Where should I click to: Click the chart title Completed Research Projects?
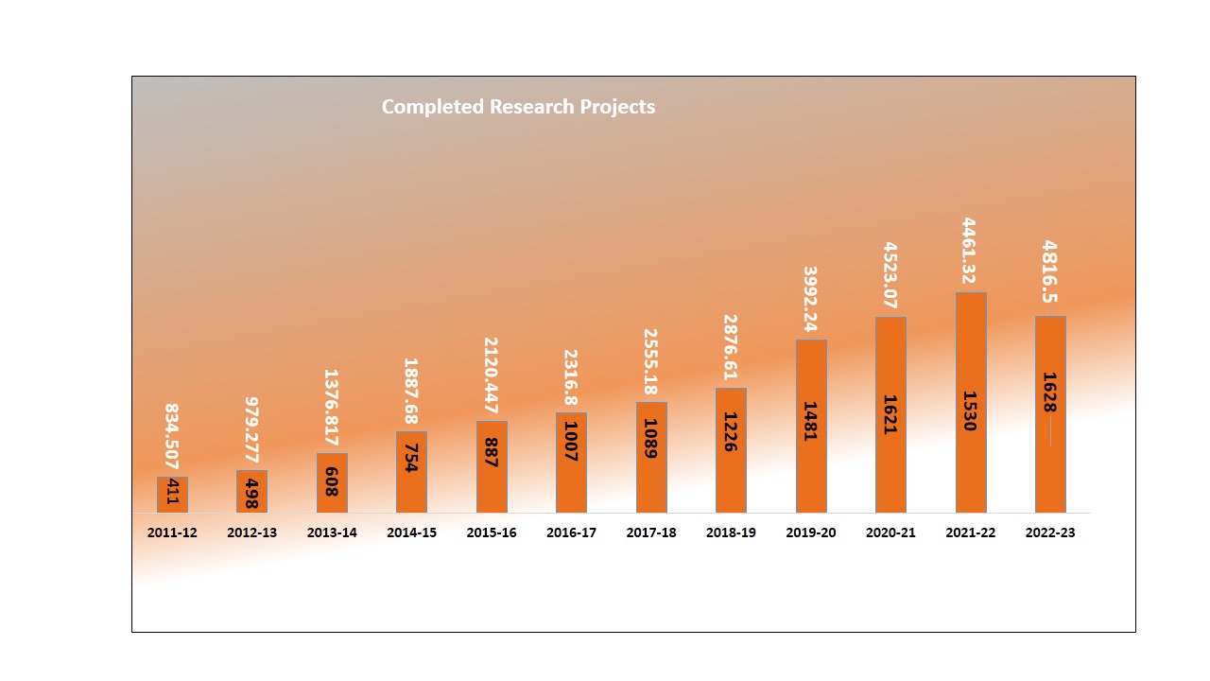pyautogui.click(x=518, y=107)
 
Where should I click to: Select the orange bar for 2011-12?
pyautogui.click(x=172, y=495)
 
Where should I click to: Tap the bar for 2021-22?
pyautogui.click(x=971, y=402)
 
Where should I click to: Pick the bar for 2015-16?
pyautogui.click(x=492, y=466)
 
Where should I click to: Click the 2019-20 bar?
pyautogui.click(x=811, y=426)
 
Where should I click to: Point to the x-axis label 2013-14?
pyautogui.click(x=332, y=533)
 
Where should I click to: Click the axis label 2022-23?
pyautogui.click(x=1050, y=533)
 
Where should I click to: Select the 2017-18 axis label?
pyautogui.click(x=651, y=533)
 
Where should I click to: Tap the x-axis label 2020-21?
pyautogui.click(x=890, y=533)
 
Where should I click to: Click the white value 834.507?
pyautogui.click(x=172, y=437)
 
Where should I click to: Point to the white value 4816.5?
pyautogui.click(x=1050, y=272)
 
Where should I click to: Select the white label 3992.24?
pyautogui.click(x=811, y=299)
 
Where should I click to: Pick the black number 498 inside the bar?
pyautogui.click(x=251, y=492)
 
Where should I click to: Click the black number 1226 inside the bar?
pyautogui.click(x=731, y=431)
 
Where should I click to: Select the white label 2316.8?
pyautogui.click(x=571, y=375)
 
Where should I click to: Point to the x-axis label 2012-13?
pyautogui.click(x=251, y=533)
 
